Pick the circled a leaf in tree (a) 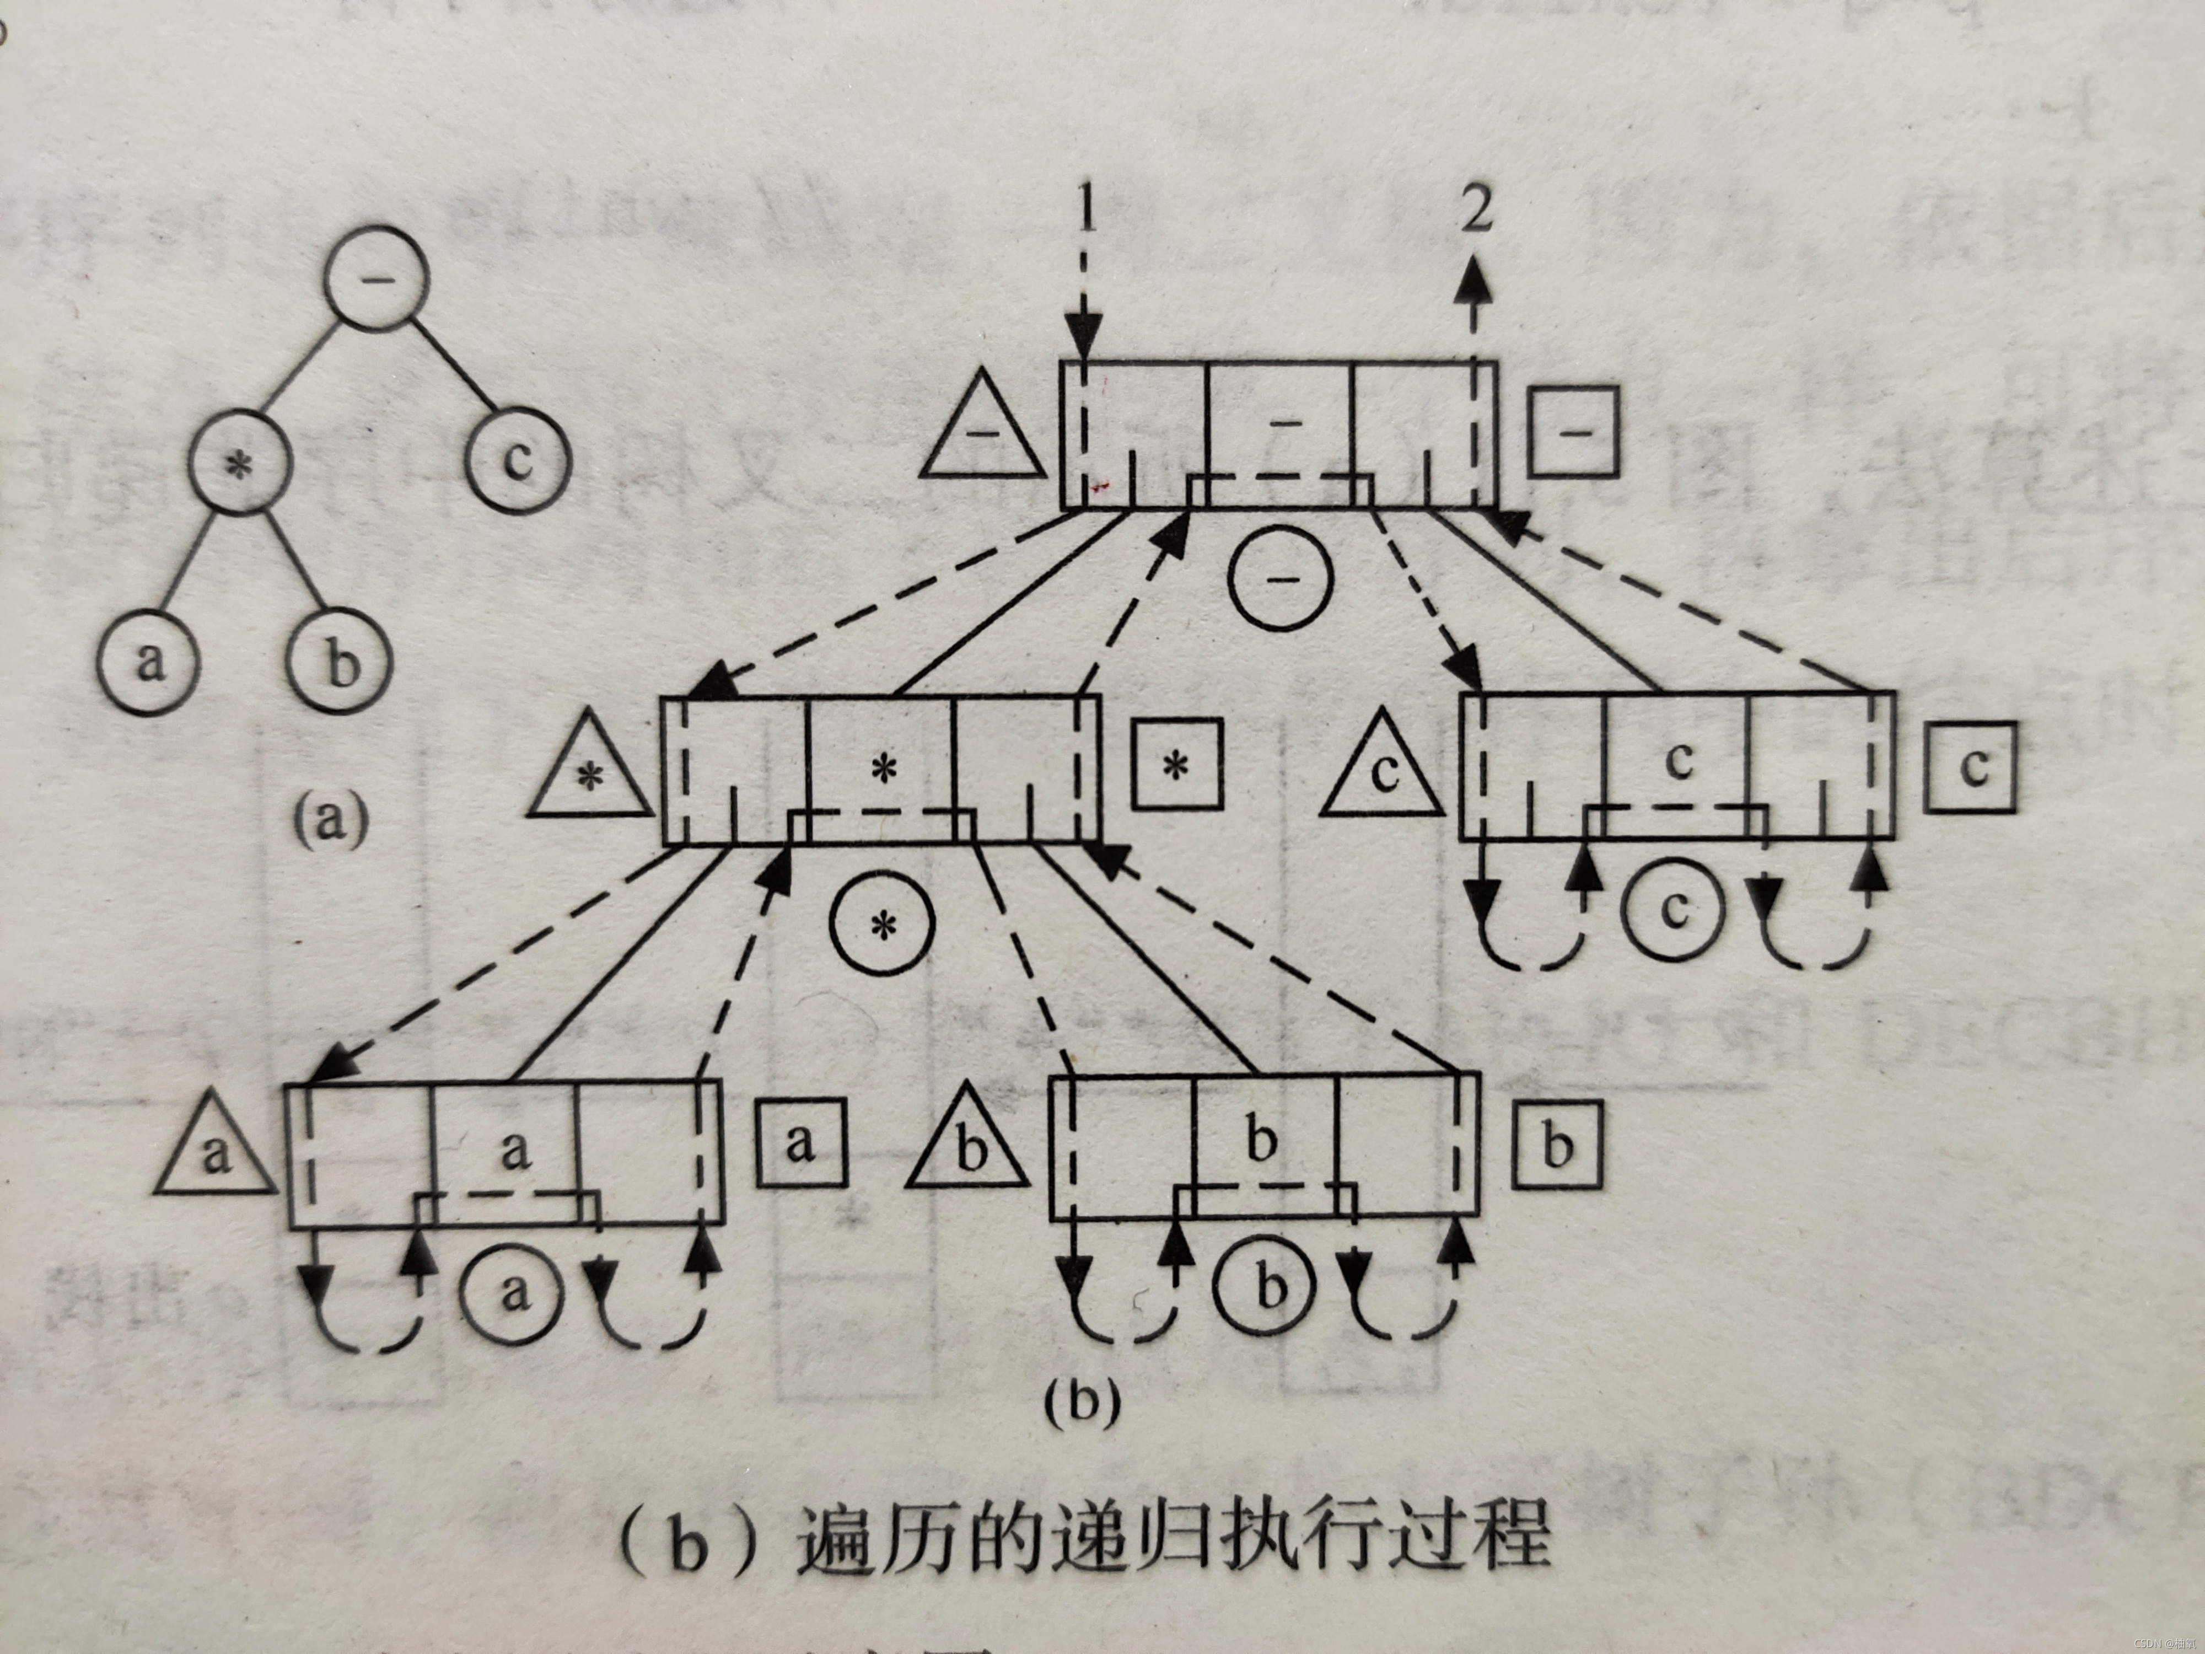(148, 660)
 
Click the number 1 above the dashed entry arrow (1087, 211)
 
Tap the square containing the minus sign (1574, 431)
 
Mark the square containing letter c (1971, 767)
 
